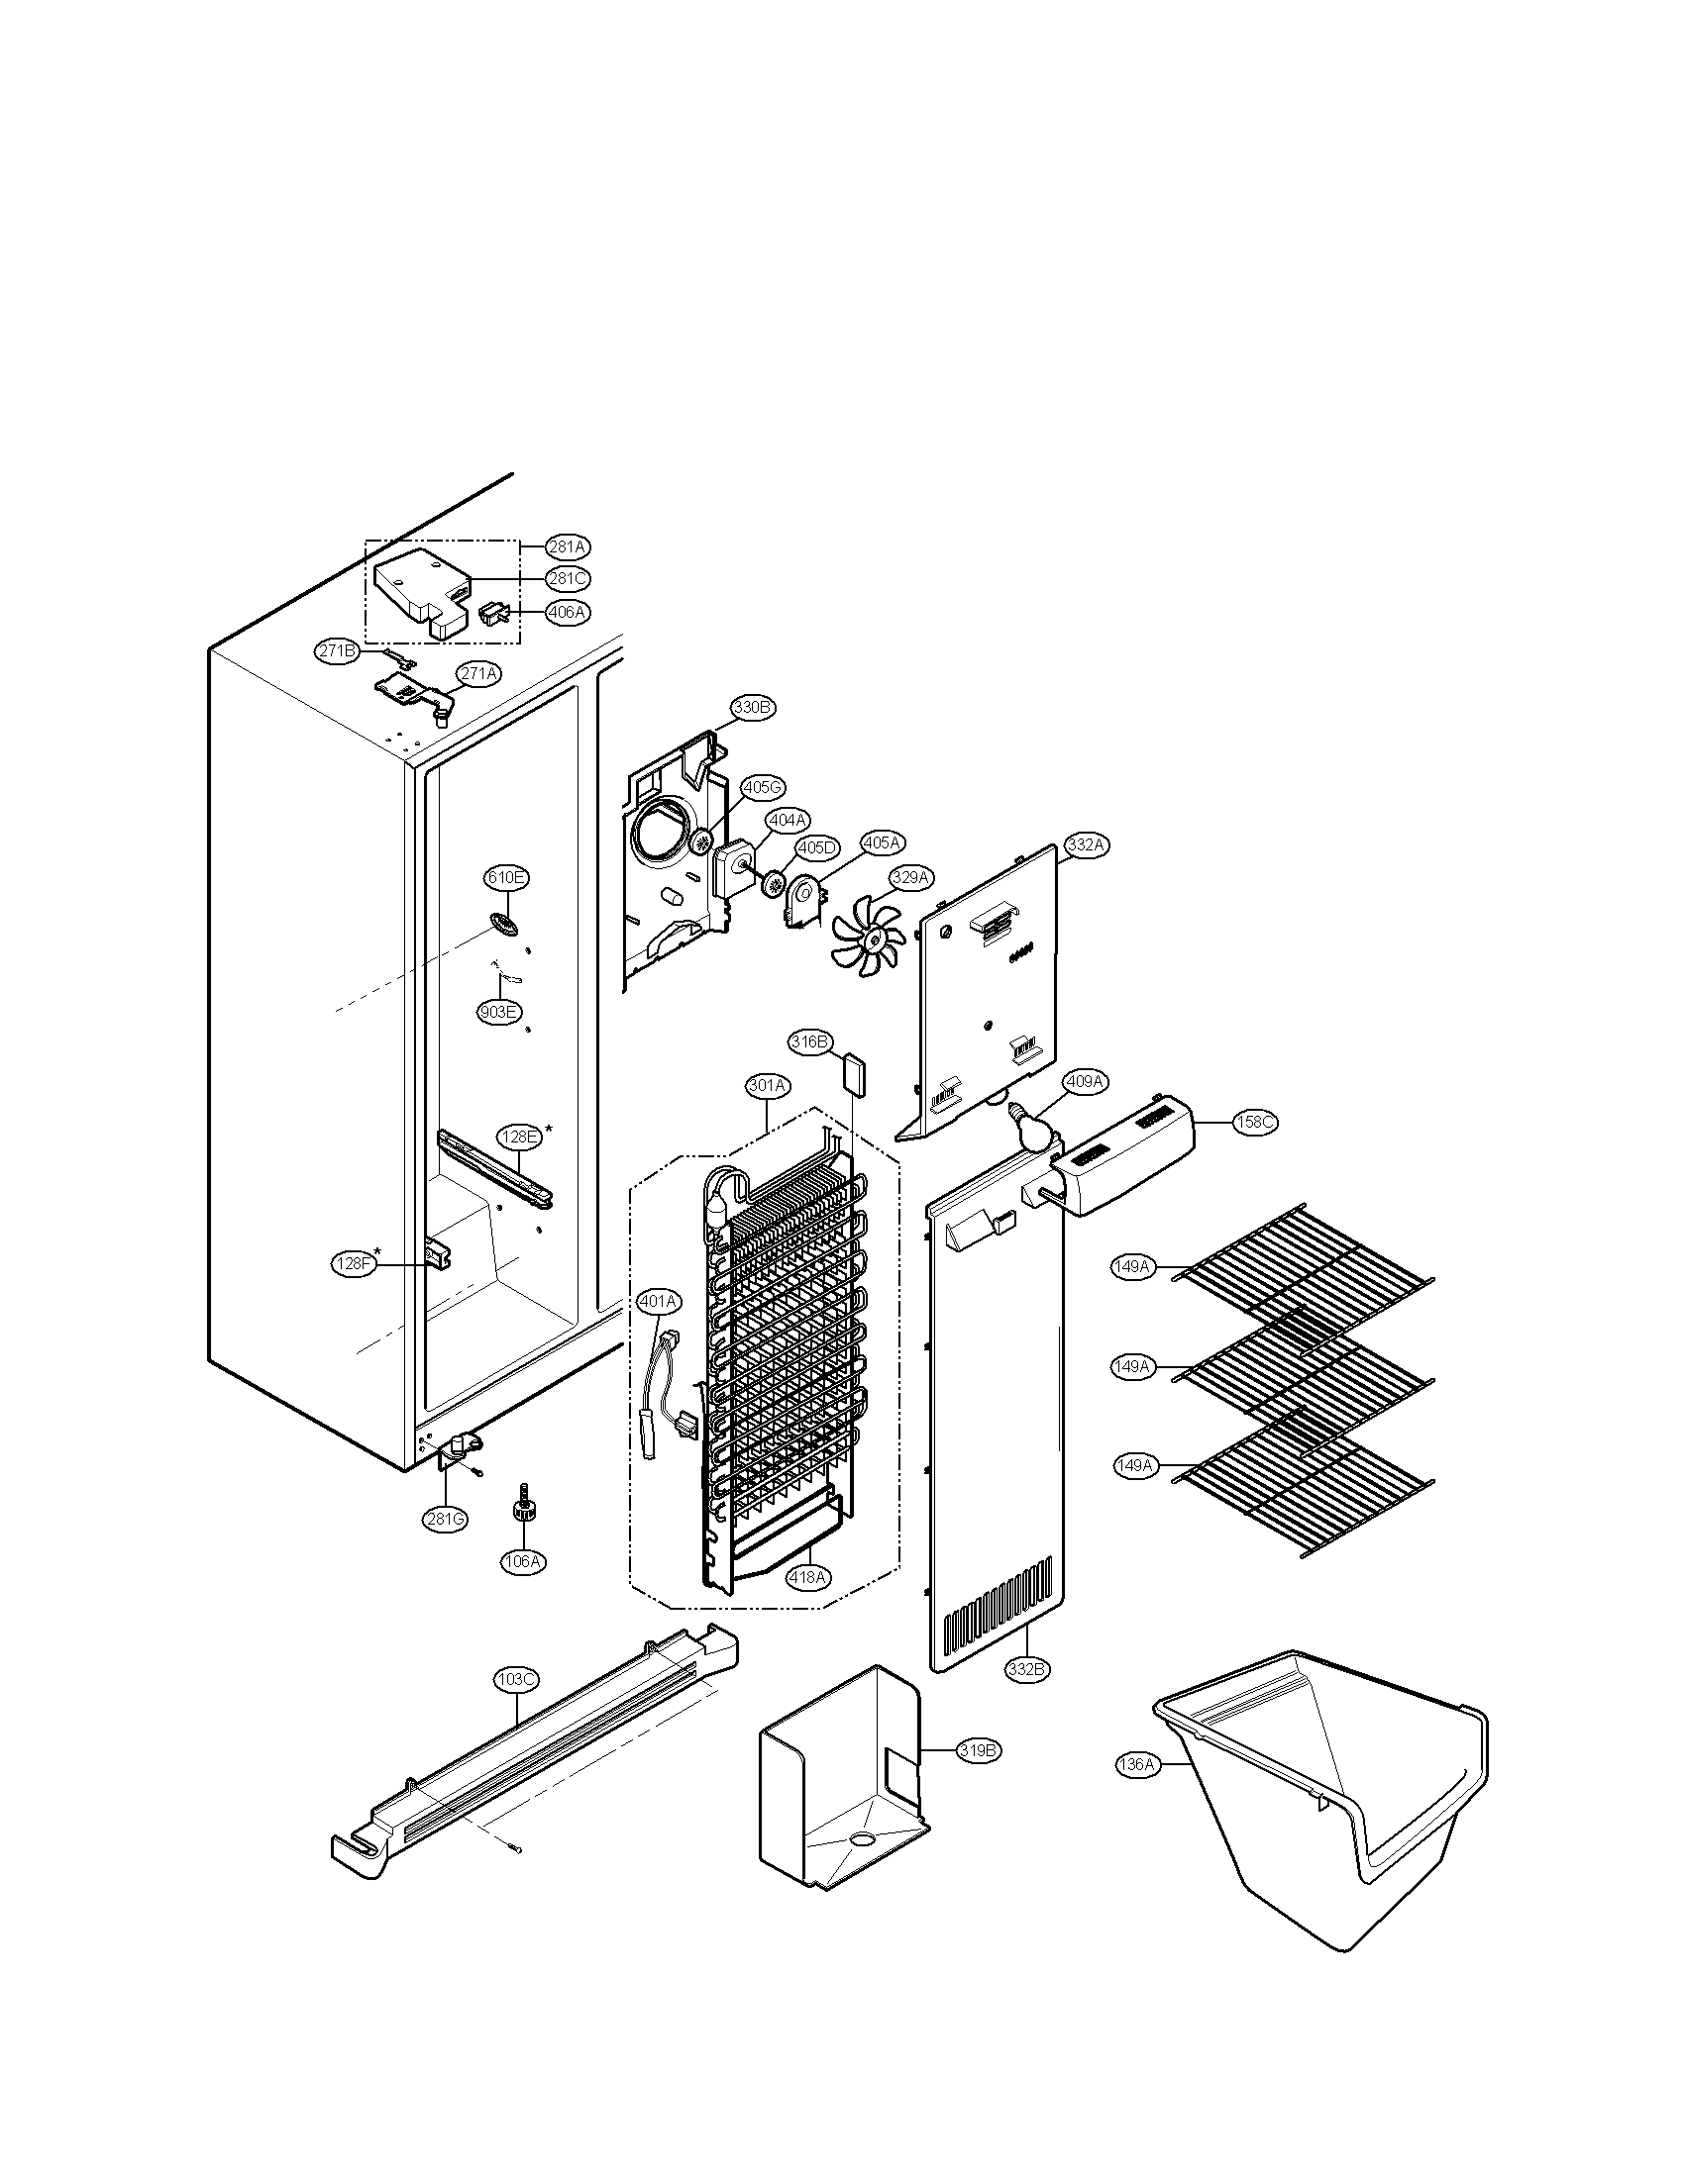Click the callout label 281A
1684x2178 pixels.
(568, 546)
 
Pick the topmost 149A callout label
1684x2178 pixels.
(1132, 1267)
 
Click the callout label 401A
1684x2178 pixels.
(659, 1302)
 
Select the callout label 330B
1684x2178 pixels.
(753, 707)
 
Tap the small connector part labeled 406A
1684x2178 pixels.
(496, 614)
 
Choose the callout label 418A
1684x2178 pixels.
(807, 1577)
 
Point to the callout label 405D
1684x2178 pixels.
(816, 847)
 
